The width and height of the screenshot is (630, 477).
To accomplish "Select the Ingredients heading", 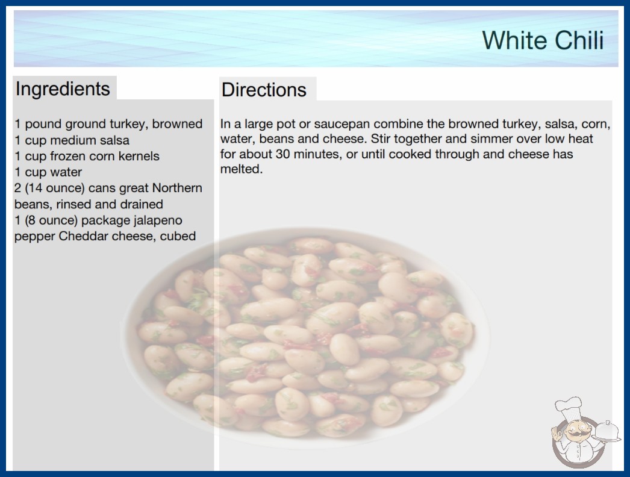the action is [x=63, y=89].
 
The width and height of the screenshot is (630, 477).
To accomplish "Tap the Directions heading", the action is [x=264, y=90].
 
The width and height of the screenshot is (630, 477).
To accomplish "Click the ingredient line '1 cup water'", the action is [x=48, y=172].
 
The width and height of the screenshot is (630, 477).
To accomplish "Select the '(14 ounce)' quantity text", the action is [x=55, y=188].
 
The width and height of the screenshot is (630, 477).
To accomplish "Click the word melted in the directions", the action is [x=241, y=169].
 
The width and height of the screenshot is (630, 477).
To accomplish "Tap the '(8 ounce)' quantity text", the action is [x=51, y=220].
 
